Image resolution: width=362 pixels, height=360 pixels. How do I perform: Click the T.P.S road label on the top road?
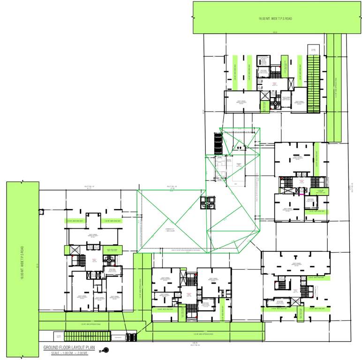(x=275, y=19)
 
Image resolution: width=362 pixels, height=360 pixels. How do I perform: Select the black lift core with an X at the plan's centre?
(x=207, y=202)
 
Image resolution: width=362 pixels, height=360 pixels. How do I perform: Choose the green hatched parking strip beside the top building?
(x=313, y=83)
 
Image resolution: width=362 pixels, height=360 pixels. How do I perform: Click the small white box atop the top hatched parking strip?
(x=312, y=50)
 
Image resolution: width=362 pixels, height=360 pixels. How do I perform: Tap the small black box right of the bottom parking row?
(x=131, y=336)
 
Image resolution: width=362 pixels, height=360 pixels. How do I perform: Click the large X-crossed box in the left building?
(x=75, y=251)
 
